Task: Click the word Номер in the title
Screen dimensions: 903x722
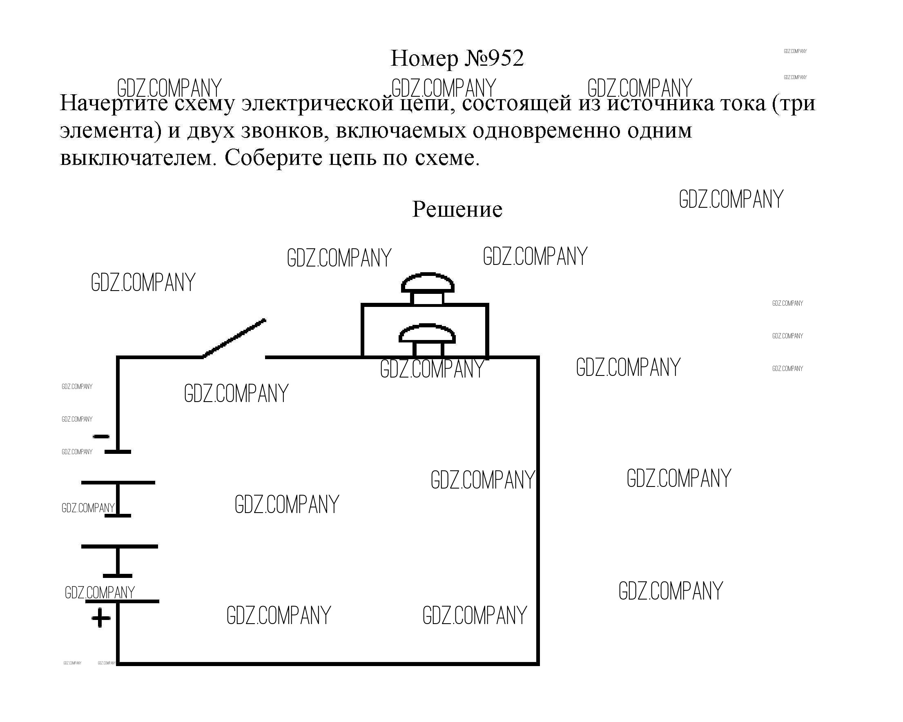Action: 424,59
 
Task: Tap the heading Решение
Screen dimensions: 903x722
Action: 457,209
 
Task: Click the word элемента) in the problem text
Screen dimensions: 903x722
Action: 111,131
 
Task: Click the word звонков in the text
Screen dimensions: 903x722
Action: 285,131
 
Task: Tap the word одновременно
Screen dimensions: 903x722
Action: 545,130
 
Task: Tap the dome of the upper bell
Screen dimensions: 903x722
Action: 428,283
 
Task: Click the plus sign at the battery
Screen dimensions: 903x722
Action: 101,618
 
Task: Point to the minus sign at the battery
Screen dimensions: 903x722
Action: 101,437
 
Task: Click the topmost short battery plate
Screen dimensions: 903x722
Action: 118,452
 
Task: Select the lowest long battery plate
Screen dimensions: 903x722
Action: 122,601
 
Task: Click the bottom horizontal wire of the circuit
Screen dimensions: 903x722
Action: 328,663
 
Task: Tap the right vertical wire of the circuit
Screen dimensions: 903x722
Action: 538,510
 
